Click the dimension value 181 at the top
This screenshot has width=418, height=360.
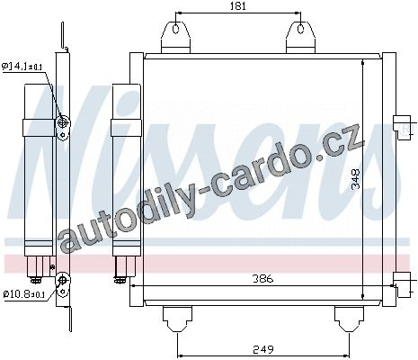pyautogui.click(x=238, y=6)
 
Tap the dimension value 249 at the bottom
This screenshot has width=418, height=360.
pyautogui.click(x=263, y=349)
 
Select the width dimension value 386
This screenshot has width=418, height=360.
pyautogui.click(x=262, y=279)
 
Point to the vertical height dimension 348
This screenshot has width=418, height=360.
pyautogui.click(x=355, y=179)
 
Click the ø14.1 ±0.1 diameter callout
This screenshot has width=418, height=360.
pyautogui.click(x=22, y=67)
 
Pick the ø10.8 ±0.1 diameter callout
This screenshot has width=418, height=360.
pyautogui.click(x=24, y=294)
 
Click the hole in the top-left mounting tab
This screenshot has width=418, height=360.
pyautogui.click(x=176, y=29)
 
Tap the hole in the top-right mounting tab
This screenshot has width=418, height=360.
pyautogui.click(x=300, y=29)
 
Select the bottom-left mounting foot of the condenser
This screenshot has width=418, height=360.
pyautogui.click(x=177, y=319)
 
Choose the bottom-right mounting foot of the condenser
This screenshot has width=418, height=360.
pyautogui.click(x=349, y=319)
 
